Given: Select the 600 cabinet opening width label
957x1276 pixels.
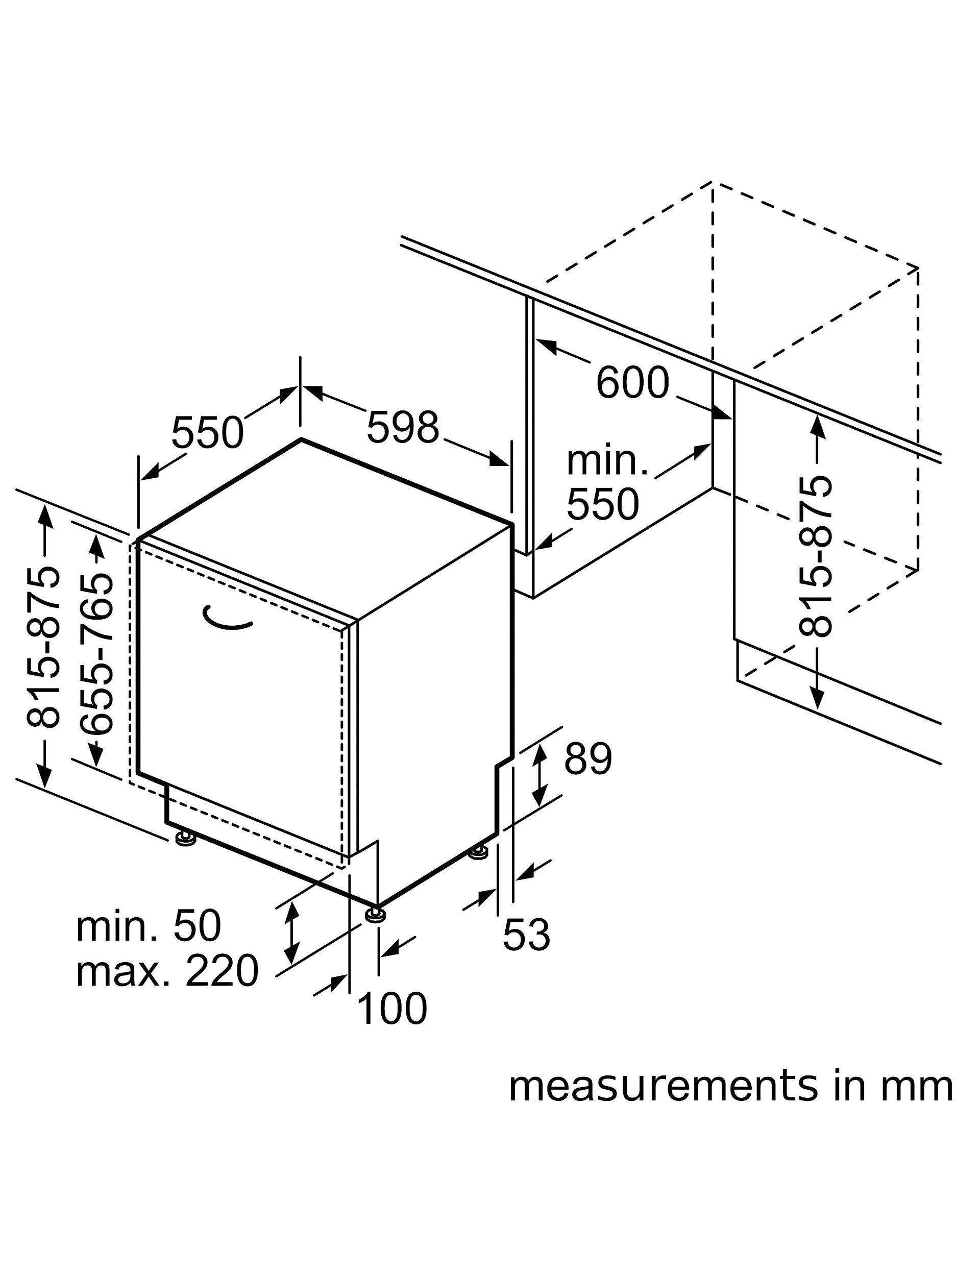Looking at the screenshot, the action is (x=632, y=382).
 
